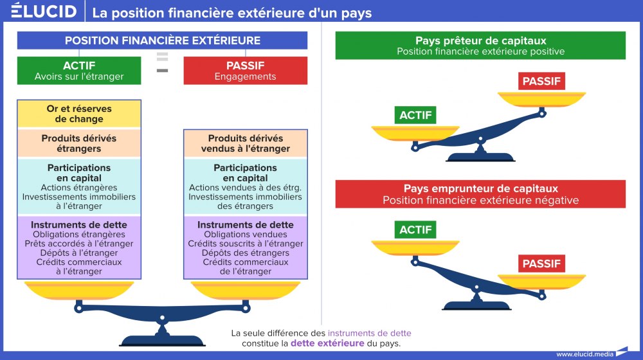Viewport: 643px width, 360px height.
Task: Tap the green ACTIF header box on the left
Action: [79, 71]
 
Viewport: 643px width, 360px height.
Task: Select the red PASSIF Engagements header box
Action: [245, 71]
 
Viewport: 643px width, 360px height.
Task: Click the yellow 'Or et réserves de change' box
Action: [79, 114]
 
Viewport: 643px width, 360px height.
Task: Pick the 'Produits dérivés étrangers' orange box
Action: [79, 143]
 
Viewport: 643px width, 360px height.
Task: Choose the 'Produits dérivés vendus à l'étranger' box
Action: [245, 143]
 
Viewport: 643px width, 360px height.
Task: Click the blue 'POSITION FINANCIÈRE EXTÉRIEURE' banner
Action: [162, 40]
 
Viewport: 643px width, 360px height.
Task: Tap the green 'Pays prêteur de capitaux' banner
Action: [480, 46]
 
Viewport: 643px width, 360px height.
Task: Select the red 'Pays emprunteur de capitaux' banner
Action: [480, 194]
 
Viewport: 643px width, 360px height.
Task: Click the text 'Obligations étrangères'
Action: [79, 234]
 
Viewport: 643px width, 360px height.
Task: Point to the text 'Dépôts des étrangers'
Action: [245, 253]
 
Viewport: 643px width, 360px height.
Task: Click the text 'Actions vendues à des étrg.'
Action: [245, 187]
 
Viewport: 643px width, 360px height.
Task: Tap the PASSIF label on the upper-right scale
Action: [541, 82]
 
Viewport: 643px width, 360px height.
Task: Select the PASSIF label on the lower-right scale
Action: [541, 264]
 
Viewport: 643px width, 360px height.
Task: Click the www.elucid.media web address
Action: [584, 354]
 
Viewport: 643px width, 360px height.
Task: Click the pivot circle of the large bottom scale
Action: [162, 318]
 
